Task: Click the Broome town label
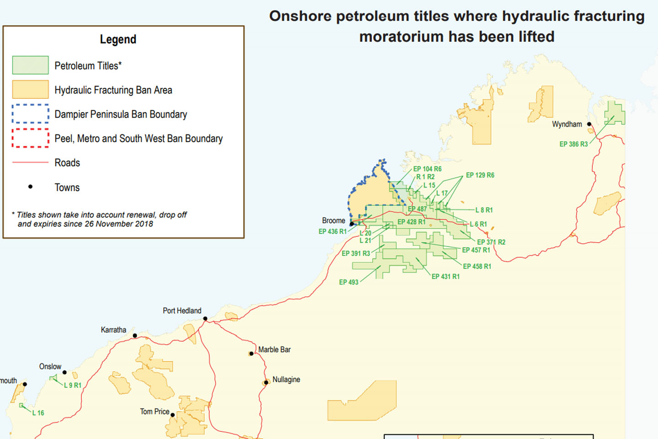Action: coord(333,220)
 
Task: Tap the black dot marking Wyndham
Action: coord(589,124)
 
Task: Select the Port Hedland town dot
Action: coord(205,318)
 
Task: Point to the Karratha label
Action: coord(113,330)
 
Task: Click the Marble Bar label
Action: coord(274,349)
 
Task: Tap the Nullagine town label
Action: coord(286,380)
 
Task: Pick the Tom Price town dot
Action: coord(173,415)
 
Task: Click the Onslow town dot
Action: coord(64,372)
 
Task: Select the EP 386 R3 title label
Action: coord(573,144)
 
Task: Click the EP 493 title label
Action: coord(349,282)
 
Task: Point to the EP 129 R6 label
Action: coord(480,175)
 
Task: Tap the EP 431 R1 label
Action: coord(446,277)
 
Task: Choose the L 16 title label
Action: coord(38,413)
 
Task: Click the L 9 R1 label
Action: coord(72,385)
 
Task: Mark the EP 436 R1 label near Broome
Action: coord(332,231)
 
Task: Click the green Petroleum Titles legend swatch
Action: coord(30,65)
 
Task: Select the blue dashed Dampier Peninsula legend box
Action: coord(30,114)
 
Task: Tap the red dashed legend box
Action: coord(30,138)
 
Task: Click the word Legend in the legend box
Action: coord(118,39)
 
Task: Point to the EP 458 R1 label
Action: coord(477,266)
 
